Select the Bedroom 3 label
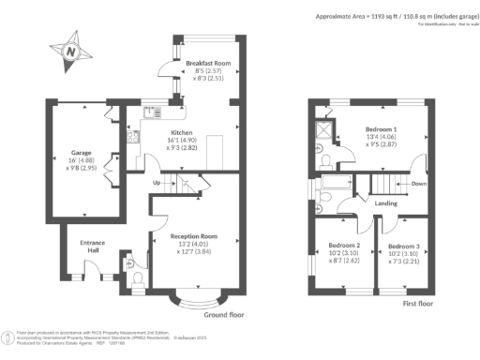click(402, 247)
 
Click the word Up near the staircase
click(157, 181)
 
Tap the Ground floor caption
click(223, 316)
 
